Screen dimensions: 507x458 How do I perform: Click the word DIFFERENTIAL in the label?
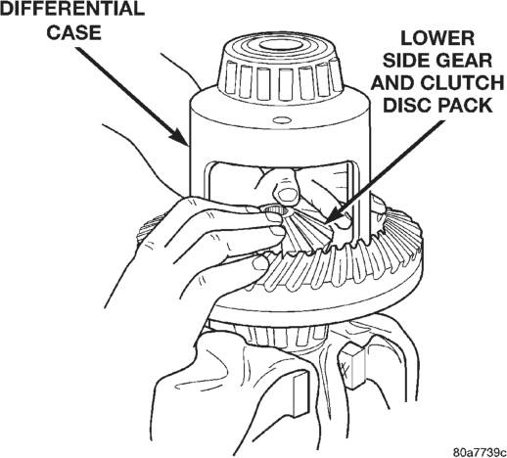[x=72, y=9]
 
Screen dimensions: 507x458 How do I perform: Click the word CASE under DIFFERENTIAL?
[x=74, y=32]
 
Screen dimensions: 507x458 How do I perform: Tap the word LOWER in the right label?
[x=438, y=38]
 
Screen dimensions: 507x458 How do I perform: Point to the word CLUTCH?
[x=462, y=83]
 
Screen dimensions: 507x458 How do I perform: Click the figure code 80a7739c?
[x=480, y=452]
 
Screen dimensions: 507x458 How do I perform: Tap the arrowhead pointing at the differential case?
[x=179, y=136]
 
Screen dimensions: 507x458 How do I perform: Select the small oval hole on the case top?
[x=282, y=120]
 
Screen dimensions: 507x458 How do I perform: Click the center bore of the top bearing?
[x=281, y=45]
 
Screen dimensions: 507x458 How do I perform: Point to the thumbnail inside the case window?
[x=287, y=195]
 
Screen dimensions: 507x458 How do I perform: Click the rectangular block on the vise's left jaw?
[x=300, y=394]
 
